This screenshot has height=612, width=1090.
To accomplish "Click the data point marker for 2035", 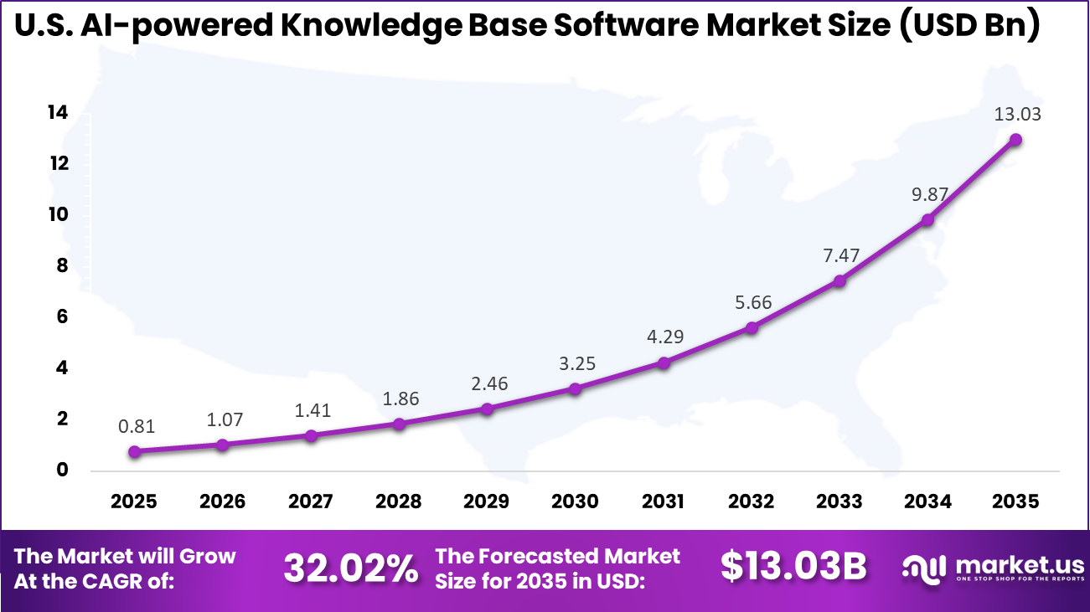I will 1015,140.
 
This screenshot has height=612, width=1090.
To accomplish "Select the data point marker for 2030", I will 575,388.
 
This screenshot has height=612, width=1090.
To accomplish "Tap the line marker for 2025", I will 135,451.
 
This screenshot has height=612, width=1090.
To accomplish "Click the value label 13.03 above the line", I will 1017,114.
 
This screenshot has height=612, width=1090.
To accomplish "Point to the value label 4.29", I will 664,337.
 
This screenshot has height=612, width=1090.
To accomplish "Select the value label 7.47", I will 839,255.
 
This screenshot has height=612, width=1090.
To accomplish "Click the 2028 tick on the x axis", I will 399,501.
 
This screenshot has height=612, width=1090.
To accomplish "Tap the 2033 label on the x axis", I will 839,501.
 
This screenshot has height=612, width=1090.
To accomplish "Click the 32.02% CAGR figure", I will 350,568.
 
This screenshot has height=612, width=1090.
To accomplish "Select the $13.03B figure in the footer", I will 793,567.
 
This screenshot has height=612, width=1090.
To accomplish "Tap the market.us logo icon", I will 924,567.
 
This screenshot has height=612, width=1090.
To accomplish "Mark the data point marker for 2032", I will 752,327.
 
